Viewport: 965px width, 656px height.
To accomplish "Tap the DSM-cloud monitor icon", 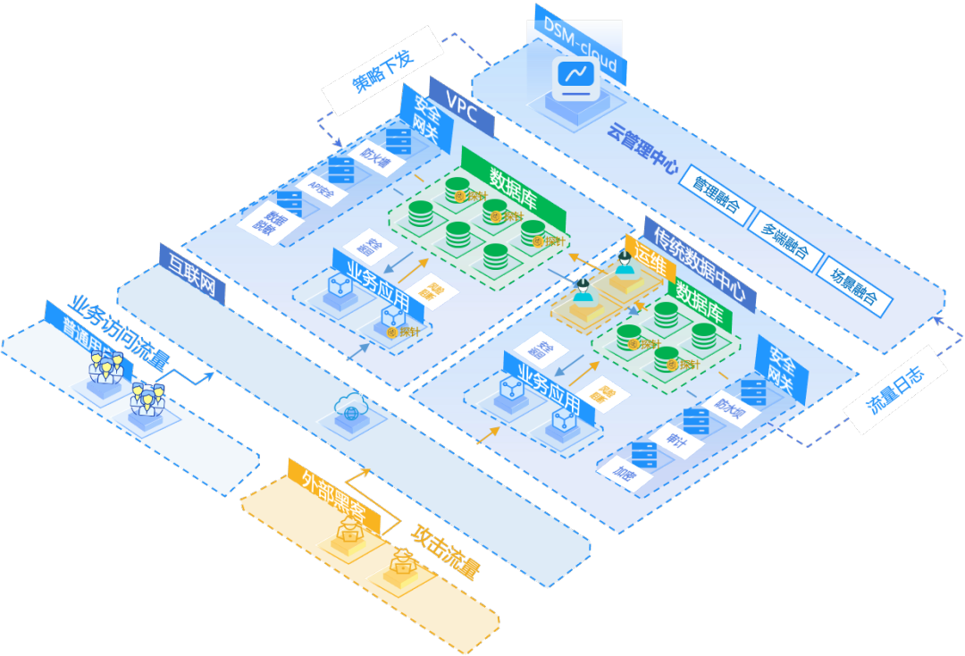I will click(574, 79).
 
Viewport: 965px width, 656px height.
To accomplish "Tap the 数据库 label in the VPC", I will click(513, 185).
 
